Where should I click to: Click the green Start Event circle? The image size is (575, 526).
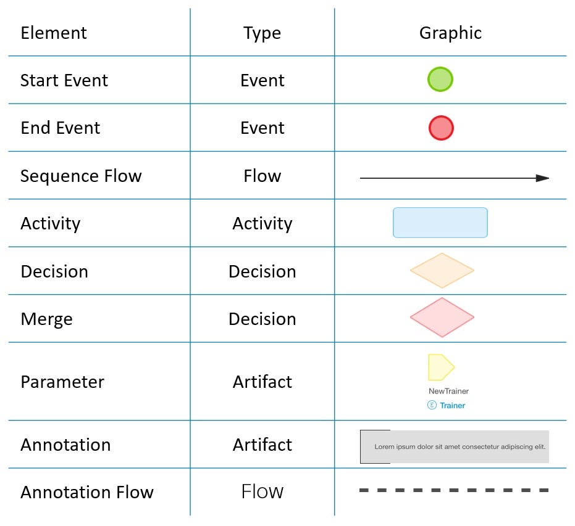[x=440, y=80]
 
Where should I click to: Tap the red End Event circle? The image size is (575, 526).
[x=441, y=128]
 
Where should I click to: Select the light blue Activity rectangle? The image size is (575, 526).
[x=440, y=223]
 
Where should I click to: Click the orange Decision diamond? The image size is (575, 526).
[x=442, y=271]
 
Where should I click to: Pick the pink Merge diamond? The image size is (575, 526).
[x=442, y=318]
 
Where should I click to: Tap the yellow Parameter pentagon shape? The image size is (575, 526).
[x=440, y=368]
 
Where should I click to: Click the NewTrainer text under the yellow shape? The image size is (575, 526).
[x=448, y=391]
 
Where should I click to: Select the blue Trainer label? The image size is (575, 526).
[x=452, y=406]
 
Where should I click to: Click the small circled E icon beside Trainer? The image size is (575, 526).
[x=432, y=405]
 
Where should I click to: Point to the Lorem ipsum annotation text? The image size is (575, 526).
[x=460, y=446]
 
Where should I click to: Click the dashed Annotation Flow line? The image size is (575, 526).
[x=454, y=491]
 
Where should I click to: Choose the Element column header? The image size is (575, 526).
[x=54, y=33]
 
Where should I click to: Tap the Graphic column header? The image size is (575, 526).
[x=450, y=33]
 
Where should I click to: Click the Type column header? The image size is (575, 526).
[x=262, y=33]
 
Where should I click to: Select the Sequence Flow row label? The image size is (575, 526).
[x=81, y=176]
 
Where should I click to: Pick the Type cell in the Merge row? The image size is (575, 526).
[x=262, y=319]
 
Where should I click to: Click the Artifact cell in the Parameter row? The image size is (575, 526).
[x=262, y=382]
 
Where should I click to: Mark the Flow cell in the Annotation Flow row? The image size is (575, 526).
[x=262, y=491]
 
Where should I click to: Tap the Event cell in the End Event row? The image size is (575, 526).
[x=262, y=128]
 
